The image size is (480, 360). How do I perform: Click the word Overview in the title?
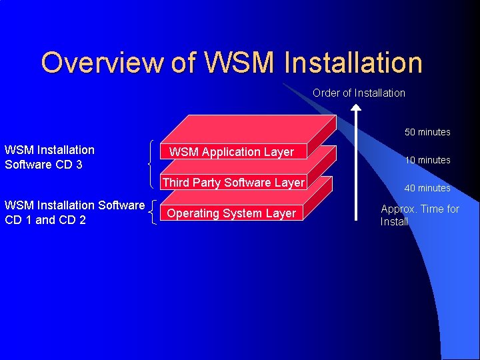[x=101, y=63]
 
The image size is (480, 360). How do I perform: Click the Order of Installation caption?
[x=359, y=93]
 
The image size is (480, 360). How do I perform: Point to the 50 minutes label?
[x=427, y=132]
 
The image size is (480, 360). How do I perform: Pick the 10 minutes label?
[x=427, y=160]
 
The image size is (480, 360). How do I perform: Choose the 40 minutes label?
[x=427, y=188]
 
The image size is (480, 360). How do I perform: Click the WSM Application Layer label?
[x=231, y=152]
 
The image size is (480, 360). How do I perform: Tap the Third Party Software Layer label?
[x=233, y=183]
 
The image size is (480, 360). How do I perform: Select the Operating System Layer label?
[x=231, y=213]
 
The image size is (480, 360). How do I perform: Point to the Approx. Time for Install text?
[x=419, y=215]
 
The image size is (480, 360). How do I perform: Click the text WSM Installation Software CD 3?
[x=49, y=157]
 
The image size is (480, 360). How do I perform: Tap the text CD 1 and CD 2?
[x=45, y=220]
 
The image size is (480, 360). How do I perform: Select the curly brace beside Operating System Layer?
[x=155, y=212]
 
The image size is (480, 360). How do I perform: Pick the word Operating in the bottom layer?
[x=191, y=213]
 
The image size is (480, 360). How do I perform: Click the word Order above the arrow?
[x=326, y=93]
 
